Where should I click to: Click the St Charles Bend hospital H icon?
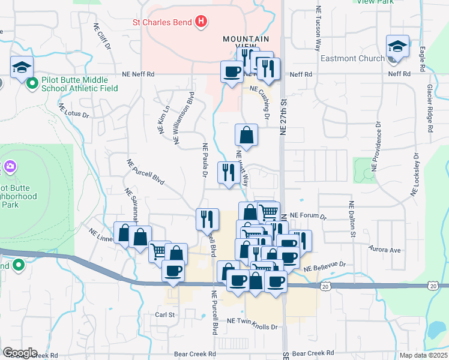[202, 23]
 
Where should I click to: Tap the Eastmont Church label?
[352, 58]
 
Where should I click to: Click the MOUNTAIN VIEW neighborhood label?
[242, 43]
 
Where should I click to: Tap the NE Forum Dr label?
[307, 216]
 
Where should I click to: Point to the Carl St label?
[165, 314]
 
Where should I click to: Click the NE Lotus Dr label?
[73, 111]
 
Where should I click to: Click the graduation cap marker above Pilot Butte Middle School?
[22, 67]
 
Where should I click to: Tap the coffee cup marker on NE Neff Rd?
[231, 72]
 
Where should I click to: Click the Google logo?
[20, 353]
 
